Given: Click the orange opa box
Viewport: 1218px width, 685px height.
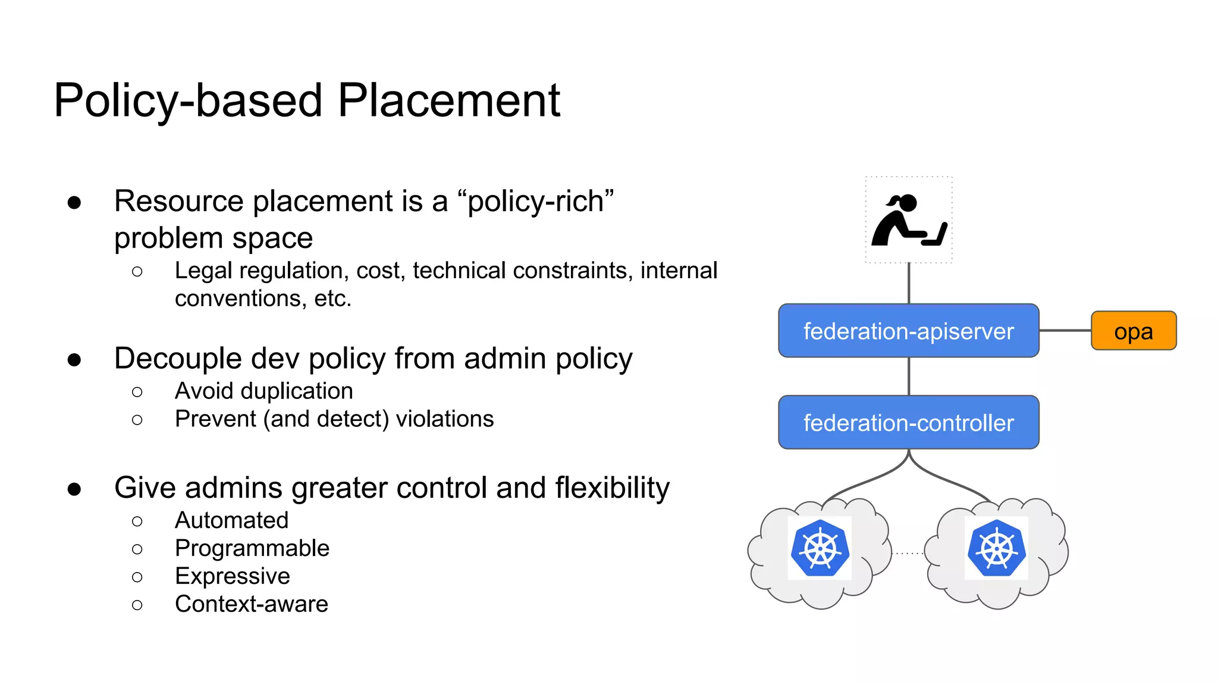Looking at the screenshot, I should (x=1133, y=331).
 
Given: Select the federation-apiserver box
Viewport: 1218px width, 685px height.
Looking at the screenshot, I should (x=908, y=331).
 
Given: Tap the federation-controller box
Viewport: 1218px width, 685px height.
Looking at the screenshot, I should (x=908, y=422).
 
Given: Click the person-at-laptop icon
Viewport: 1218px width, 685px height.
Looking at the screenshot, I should (x=908, y=220).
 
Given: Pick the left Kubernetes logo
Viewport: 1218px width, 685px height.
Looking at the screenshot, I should (x=820, y=548).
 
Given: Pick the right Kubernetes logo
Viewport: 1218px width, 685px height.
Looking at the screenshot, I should (x=996, y=548).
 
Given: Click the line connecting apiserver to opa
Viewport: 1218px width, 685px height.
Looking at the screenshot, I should (x=1065, y=331).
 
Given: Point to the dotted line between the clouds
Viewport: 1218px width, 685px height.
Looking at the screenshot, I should (x=909, y=554).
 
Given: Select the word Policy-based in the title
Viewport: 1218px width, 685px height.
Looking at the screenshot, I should (x=188, y=101).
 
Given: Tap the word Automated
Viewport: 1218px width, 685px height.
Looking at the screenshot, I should (x=231, y=520).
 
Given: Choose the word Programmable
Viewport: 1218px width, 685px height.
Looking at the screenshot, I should (x=252, y=548).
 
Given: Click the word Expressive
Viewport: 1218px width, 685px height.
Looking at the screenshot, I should (x=232, y=576).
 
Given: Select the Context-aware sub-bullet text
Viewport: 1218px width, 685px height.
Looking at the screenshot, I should (x=251, y=604).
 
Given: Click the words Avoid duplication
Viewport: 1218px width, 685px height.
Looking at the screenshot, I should (x=263, y=391).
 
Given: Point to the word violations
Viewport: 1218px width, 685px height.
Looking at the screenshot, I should (x=444, y=419).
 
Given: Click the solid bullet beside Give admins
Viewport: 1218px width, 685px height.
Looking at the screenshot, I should (x=74, y=489).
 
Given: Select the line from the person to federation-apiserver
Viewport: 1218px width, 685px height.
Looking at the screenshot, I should (x=909, y=283).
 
